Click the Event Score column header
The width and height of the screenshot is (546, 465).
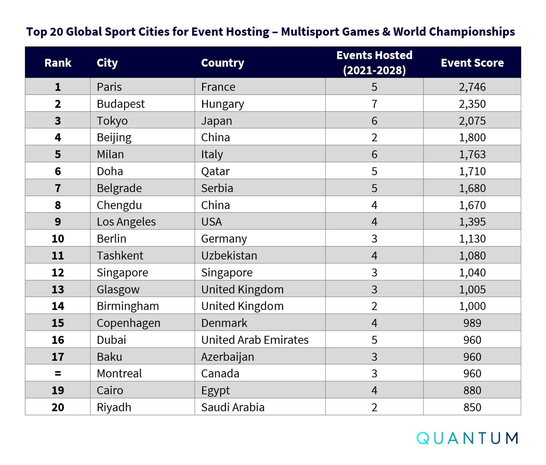click(x=472, y=63)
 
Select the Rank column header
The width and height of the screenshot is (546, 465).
click(x=58, y=63)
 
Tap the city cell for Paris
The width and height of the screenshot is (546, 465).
click(x=109, y=87)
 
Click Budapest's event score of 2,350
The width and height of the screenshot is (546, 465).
click(x=472, y=104)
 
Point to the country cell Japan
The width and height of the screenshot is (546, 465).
click(x=217, y=121)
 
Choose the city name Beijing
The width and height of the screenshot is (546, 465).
click(x=114, y=138)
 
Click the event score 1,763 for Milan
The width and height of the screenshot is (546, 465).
click(x=472, y=154)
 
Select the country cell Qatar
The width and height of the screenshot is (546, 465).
click(x=215, y=171)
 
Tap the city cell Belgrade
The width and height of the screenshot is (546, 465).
click(x=119, y=188)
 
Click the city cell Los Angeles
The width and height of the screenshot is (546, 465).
click(x=126, y=222)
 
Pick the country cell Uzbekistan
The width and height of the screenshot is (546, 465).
click(x=229, y=255)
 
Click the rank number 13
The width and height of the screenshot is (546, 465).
click(x=58, y=289)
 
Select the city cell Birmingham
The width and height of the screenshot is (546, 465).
click(x=128, y=306)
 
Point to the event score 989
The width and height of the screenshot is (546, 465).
click(x=472, y=323)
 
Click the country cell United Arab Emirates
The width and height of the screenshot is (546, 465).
click(x=255, y=340)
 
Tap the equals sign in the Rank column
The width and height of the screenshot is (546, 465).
click(x=58, y=373)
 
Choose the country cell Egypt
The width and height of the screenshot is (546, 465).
click(x=215, y=390)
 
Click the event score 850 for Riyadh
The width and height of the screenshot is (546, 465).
click(x=472, y=407)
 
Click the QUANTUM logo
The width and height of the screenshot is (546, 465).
click(x=467, y=438)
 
